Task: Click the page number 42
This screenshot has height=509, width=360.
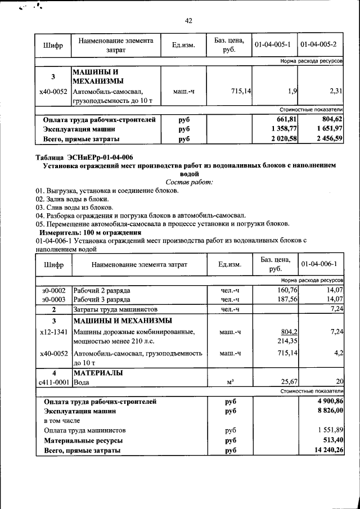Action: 188,21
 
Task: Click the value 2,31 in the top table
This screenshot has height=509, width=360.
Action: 335,91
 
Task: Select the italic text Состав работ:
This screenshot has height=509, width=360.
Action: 190,182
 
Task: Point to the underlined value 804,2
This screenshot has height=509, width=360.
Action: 288,332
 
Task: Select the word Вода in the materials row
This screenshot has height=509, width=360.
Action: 82,382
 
